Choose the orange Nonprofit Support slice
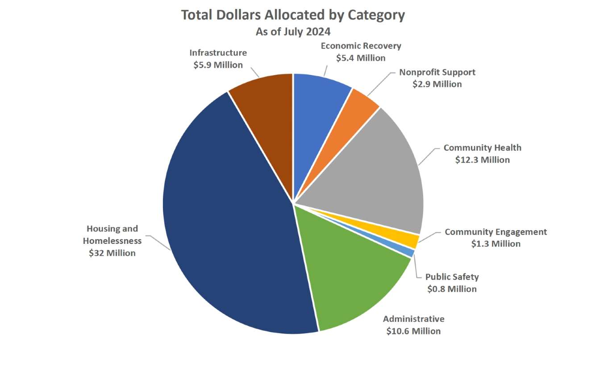point(353,120)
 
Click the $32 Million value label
point(112,253)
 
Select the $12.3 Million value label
point(482,159)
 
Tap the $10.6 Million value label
point(413,331)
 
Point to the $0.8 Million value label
point(452,289)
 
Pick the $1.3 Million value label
point(495,243)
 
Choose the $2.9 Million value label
point(437,83)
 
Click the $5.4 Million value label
point(361,58)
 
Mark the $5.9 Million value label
point(218,65)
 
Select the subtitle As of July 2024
point(293,32)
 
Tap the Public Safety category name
point(452,276)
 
